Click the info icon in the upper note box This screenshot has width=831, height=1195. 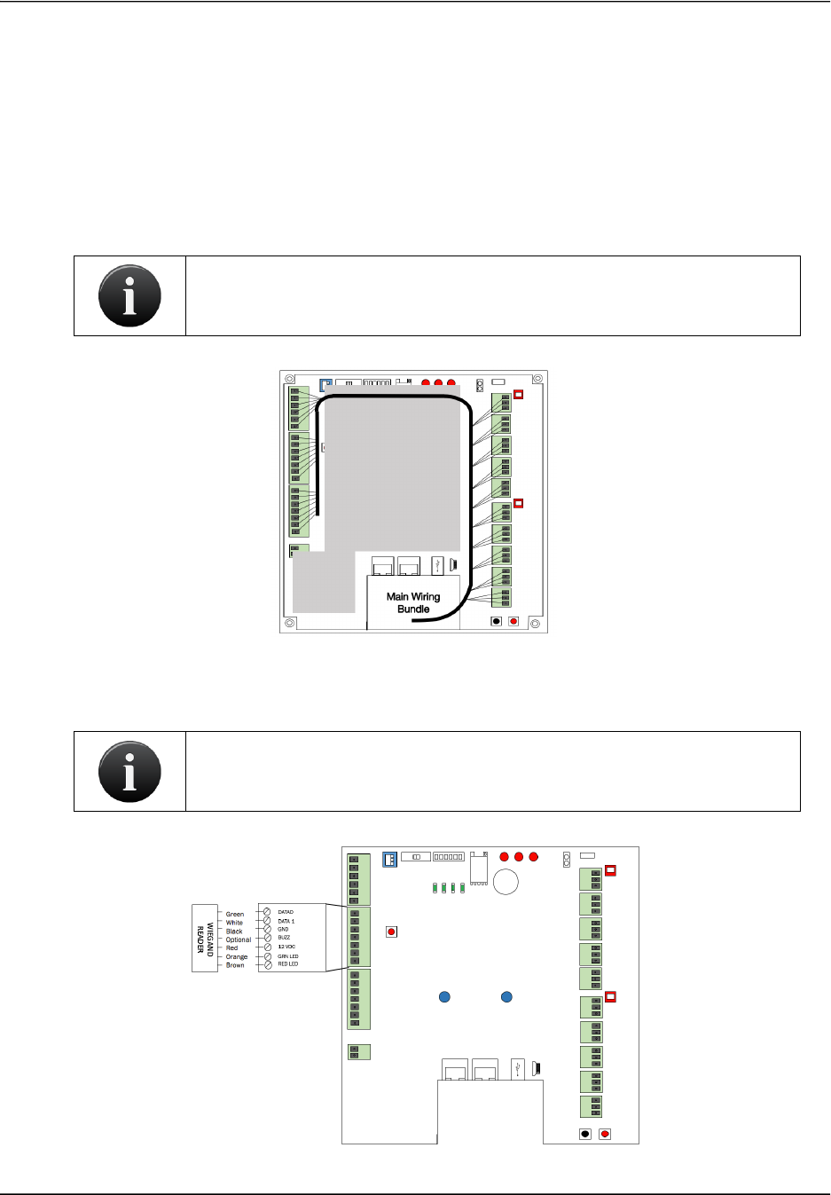(x=129, y=295)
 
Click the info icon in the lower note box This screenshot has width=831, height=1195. (x=129, y=771)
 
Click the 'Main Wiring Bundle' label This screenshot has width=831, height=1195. (x=413, y=602)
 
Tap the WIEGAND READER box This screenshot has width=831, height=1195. (x=205, y=939)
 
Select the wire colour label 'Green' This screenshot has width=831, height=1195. (x=235, y=914)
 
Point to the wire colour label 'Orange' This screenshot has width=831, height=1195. (x=237, y=956)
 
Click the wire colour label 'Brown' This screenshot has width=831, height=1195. (x=235, y=965)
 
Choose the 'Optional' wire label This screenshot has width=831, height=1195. (x=239, y=939)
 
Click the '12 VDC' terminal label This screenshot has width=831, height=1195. (x=286, y=947)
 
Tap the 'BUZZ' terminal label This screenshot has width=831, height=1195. (x=284, y=937)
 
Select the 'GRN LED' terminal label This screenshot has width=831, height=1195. (x=288, y=956)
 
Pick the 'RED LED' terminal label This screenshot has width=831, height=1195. (x=288, y=964)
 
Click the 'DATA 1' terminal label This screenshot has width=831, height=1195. (x=286, y=921)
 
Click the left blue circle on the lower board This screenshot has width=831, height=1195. (x=445, y=997)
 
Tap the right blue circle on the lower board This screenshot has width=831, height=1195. (x=506, y=997)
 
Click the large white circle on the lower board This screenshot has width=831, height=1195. (x=506, y=882)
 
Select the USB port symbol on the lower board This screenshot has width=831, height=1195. (x=519, y=1068)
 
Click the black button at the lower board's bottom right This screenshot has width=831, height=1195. (x=585, y=1134)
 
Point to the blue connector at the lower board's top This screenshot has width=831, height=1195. (x=389, y=859)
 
